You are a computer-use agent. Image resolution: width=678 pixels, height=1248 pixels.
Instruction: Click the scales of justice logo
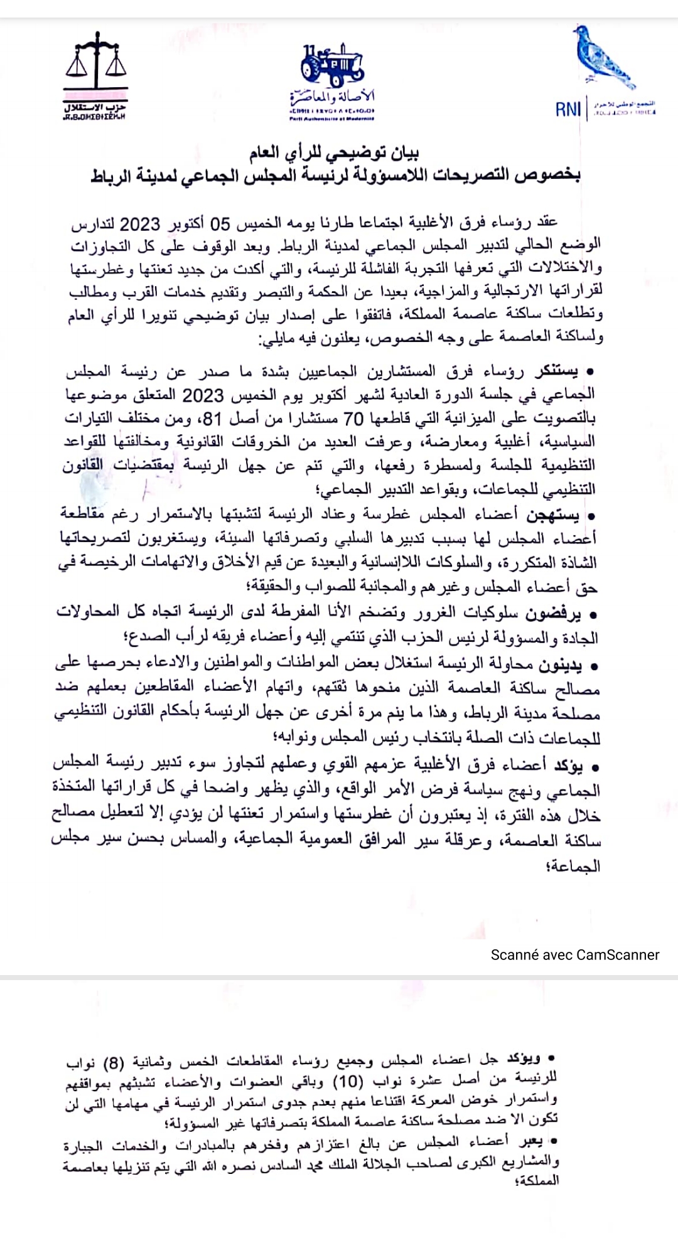96,63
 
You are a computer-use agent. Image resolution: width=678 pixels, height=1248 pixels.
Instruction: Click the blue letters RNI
569,110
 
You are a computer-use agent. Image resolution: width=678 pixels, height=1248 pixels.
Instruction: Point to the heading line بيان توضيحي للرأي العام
334,152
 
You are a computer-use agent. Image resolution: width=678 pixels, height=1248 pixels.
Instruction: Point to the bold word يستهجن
553,516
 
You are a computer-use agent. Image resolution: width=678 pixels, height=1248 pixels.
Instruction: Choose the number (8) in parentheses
114,1063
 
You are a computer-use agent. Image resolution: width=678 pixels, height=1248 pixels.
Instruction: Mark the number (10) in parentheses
347,1081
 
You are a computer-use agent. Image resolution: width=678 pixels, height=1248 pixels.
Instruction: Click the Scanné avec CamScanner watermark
574,955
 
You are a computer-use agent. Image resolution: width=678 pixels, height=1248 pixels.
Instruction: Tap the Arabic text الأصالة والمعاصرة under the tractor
332,97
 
